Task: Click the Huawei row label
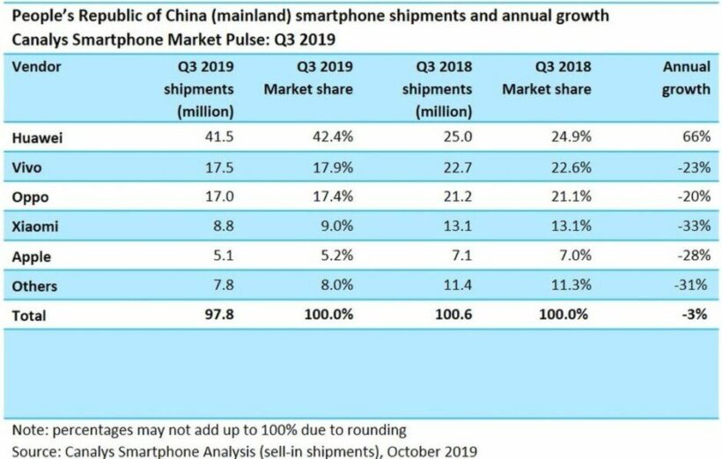pos(38,139)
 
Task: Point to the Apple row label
pos(32,257)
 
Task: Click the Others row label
pos(35,286)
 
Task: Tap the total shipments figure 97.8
pos(217,315)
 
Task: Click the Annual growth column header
pos(686,78)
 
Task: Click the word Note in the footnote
pos(28,431)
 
